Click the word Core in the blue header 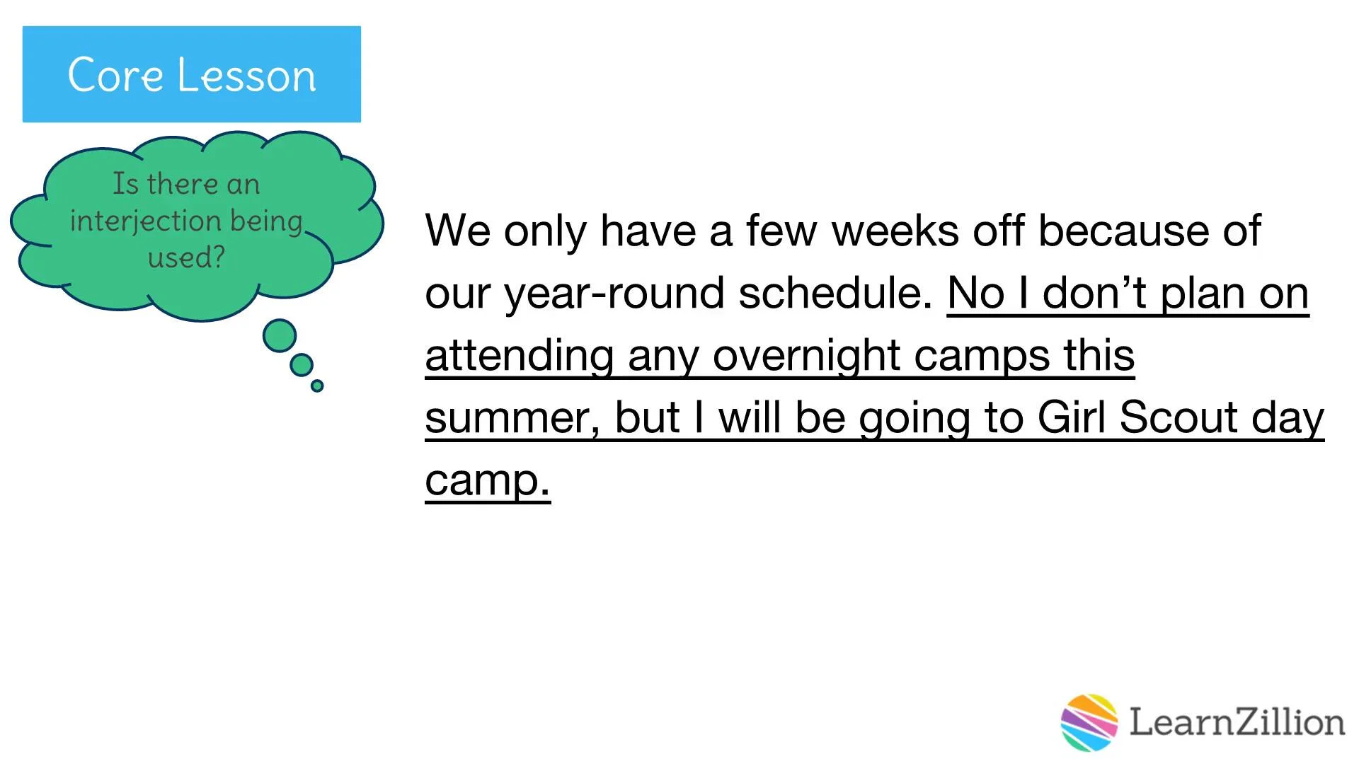pos(115,74)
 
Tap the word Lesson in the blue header pos(246,74)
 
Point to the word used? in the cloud pos(186,257)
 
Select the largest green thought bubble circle pos(280,335)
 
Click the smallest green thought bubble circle pos(317,386)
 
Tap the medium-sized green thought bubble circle pos(302,365)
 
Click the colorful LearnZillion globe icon pos(1089,722)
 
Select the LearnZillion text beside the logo pos(1237,722)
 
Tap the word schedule pos(835,293)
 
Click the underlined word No pos(975,293)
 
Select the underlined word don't pos(1094,293)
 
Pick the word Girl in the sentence pos(1071,417)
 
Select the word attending pos(520,355)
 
